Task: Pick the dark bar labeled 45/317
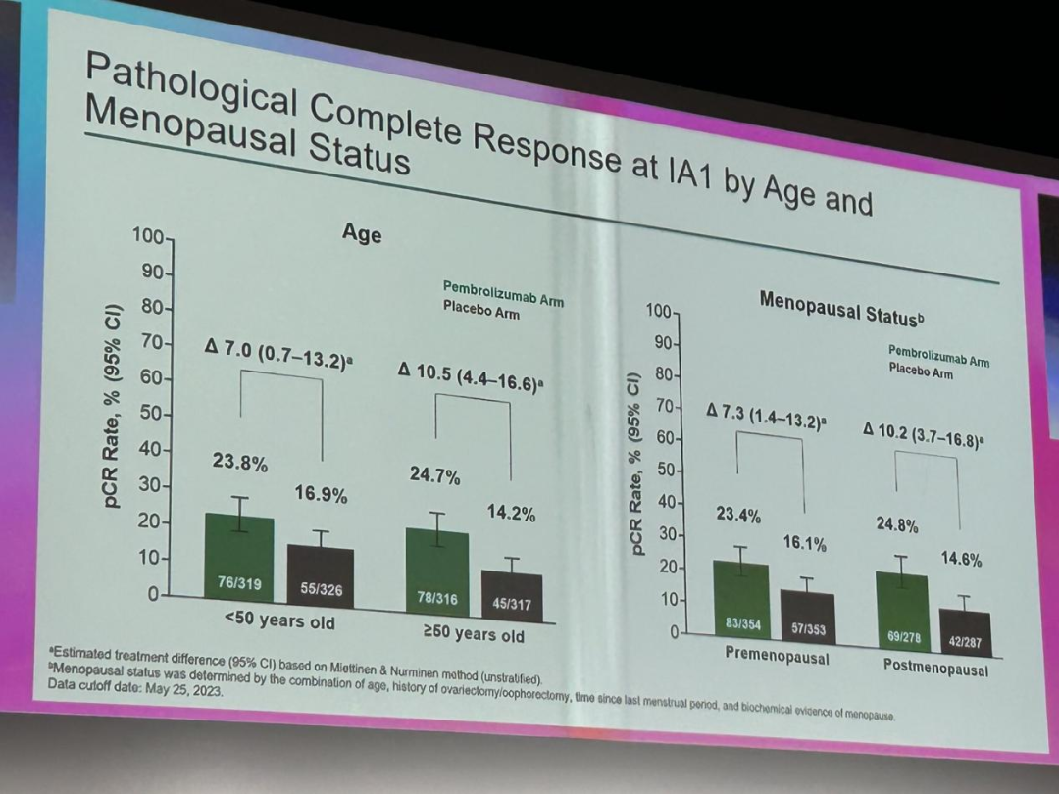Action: click(511, 594)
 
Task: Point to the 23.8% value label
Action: click(239, 463)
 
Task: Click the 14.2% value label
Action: click(511, 514)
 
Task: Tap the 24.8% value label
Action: click(896, 525)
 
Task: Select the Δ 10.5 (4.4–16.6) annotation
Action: click(471, 376)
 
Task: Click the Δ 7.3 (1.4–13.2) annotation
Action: click(766, 419)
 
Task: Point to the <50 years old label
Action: click(279, 621)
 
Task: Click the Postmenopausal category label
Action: click(935, 669)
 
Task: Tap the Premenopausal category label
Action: click(776, 655)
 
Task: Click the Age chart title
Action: click(362, 235)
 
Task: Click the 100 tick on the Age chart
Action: click(147, 236)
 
